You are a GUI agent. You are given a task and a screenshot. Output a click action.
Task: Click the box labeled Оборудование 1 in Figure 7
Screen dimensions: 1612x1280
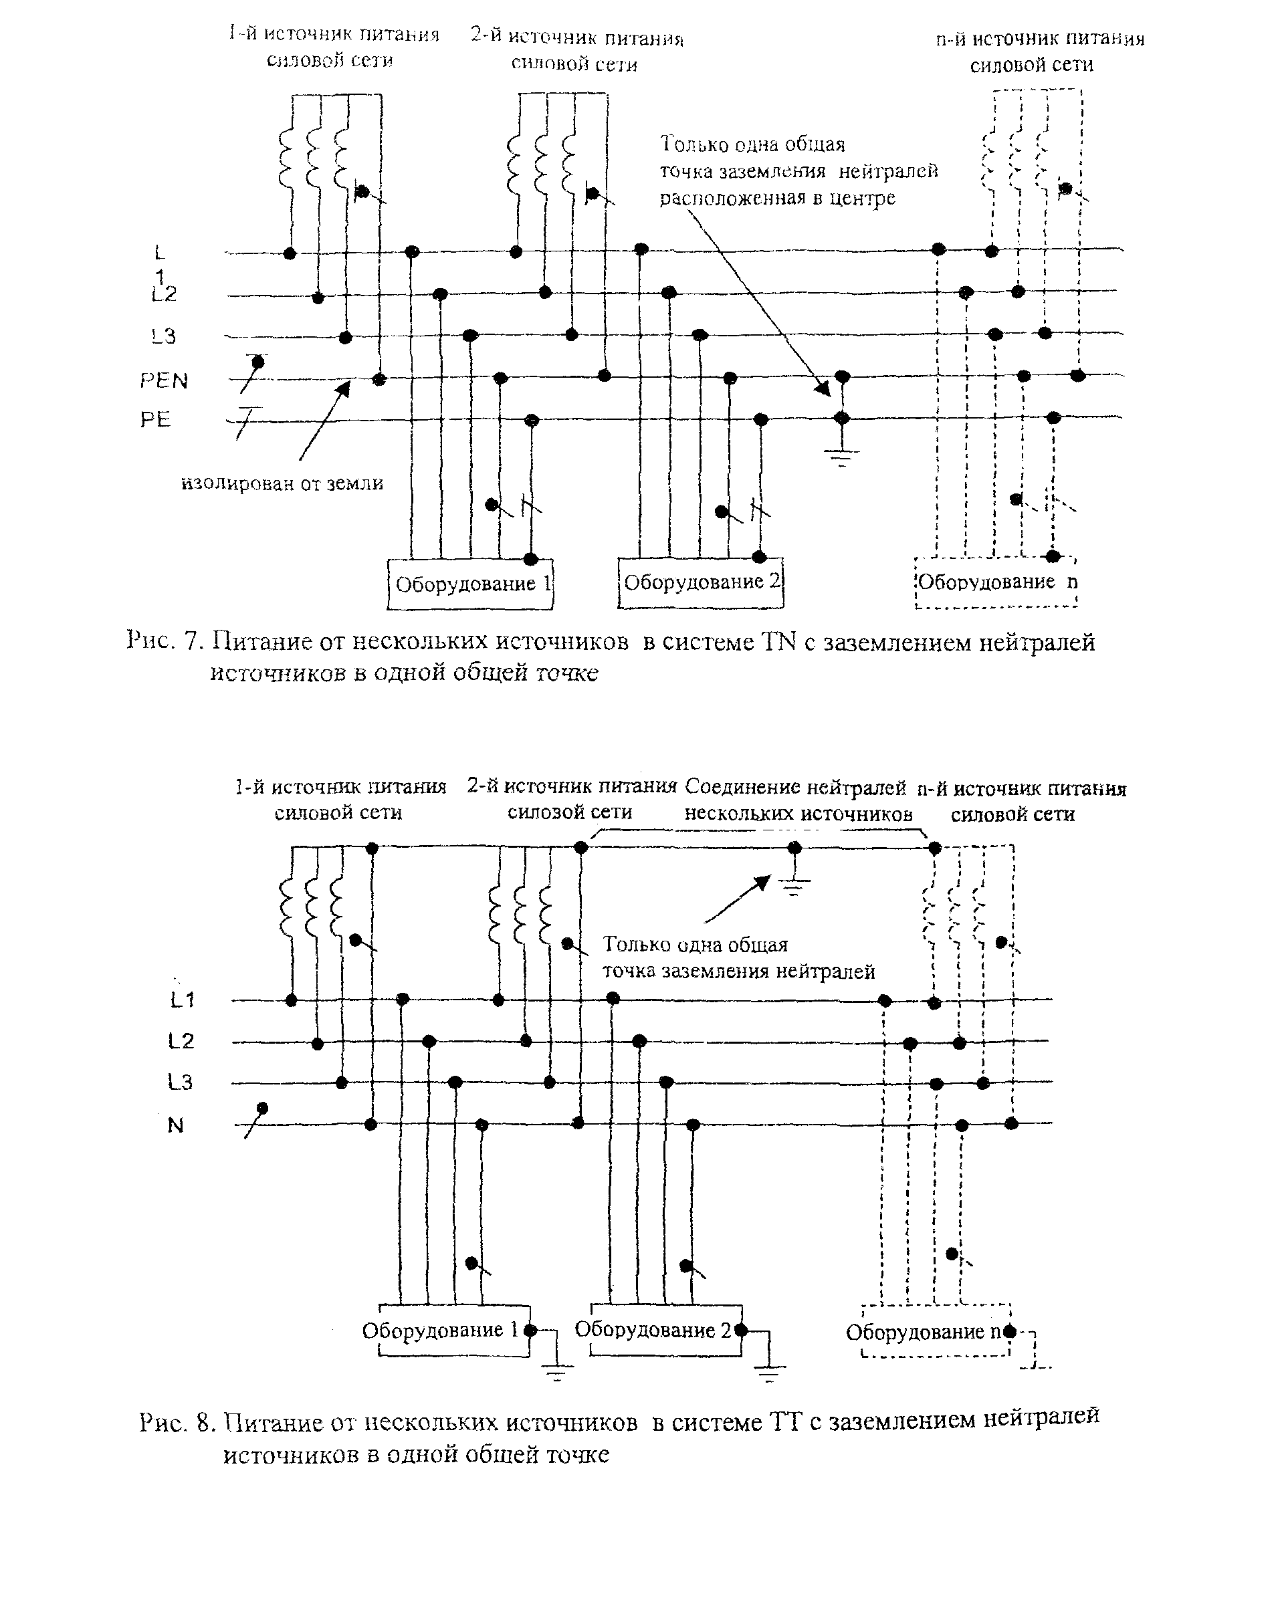[x=469, y=583]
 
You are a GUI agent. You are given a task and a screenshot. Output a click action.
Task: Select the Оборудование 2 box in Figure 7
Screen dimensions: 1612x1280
[x=700, y=582]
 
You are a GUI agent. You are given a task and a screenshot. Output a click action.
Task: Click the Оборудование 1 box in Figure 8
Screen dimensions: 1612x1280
[x=454, y=1330]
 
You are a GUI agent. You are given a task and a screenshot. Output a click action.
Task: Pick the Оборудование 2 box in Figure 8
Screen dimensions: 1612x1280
[x=665, y=1329]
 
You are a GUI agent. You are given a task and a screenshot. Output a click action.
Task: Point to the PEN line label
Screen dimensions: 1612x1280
[x=164, y=380]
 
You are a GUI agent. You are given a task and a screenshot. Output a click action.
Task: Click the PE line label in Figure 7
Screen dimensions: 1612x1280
[x=156, y=419]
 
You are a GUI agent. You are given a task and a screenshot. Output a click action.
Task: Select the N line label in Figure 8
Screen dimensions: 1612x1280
[x=175, y=1125]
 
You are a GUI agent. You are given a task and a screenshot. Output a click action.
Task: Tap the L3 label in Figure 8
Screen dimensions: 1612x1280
[x=180, y=1082]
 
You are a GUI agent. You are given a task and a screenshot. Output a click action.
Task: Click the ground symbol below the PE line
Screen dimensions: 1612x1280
[x=842, y=456]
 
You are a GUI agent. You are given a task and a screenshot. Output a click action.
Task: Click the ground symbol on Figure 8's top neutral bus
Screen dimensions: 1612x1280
[x=794, y=887]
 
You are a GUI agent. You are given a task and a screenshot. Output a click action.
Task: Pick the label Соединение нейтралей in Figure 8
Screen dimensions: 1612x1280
[x=794, y=786]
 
